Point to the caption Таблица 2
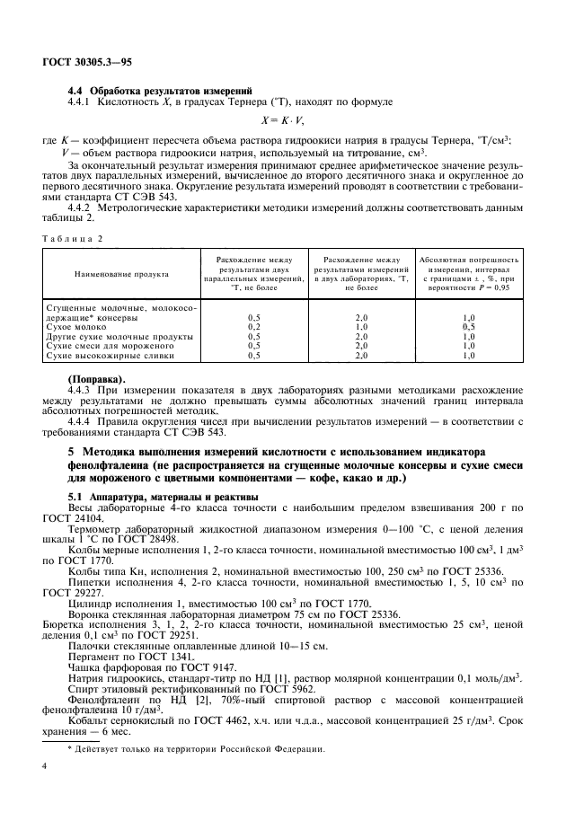[74, 238]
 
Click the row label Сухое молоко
[71, 327]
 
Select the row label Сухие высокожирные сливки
[107, 355]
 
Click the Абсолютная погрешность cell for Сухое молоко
[468, 327]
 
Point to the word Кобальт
[88, 705]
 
